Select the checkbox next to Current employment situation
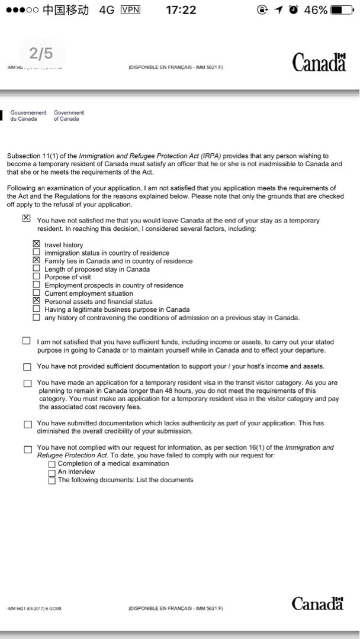click(x=37, y=293)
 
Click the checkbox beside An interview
click(x=52, y=472)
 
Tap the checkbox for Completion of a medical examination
click(x=52, y=464)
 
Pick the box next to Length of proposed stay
click(x=37, y=269)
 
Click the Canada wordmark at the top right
click(x=319, y=62)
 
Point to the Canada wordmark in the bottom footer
click(x=317, y=603)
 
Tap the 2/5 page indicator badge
click(x=41, y=54)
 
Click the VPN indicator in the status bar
click(x=131, y=10)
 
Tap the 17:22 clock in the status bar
click(x=181, y=10)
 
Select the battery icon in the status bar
click(x=342, y=10)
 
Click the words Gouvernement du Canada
click(x=28, y=115)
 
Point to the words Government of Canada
click(x=69, y=115)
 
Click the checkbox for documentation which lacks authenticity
click(x=27, y=424)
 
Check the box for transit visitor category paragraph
click(x=27, y=383)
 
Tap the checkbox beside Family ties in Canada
click(x=37, y=260)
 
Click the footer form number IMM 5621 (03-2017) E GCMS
click(x=34, y=608)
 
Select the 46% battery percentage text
click(x=316, y=10)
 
